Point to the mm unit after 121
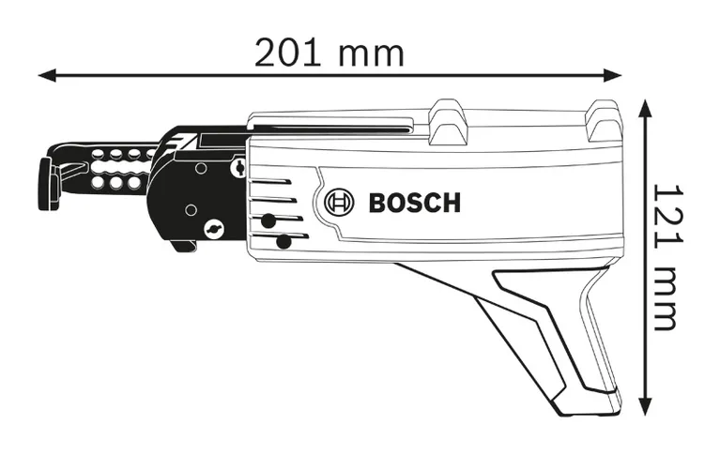(x=664, y=298)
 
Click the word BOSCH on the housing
(x=415, y=202)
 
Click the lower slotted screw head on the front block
(x=216, y=228)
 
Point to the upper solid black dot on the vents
(x=268, y=221)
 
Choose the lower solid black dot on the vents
(x=283, y=243)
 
